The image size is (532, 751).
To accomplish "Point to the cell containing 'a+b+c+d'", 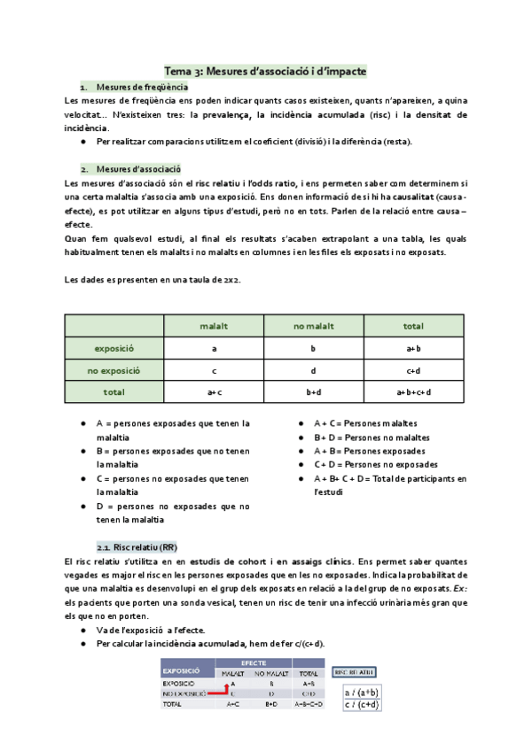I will (413, 391).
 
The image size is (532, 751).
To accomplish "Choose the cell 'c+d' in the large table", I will (413, 370).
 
